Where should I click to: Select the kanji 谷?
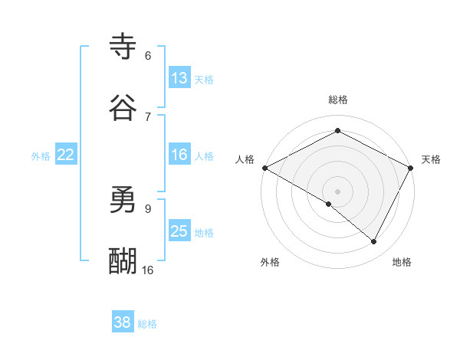123,108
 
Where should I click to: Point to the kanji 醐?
123,261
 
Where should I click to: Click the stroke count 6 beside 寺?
148,56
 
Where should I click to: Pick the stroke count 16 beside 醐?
147,270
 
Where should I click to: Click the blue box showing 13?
179,77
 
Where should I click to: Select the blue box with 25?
179,231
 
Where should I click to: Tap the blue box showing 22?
66,155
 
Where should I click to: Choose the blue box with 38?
123,322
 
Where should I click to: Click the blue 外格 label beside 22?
41,155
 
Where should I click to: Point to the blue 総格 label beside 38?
147,324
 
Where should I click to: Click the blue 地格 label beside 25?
204,232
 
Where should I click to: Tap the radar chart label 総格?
338,100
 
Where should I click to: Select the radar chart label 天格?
431,159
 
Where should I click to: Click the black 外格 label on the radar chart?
270,262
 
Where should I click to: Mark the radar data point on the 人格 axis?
264,168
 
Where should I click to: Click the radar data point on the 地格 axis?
374,241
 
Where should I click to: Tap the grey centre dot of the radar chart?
338,191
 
